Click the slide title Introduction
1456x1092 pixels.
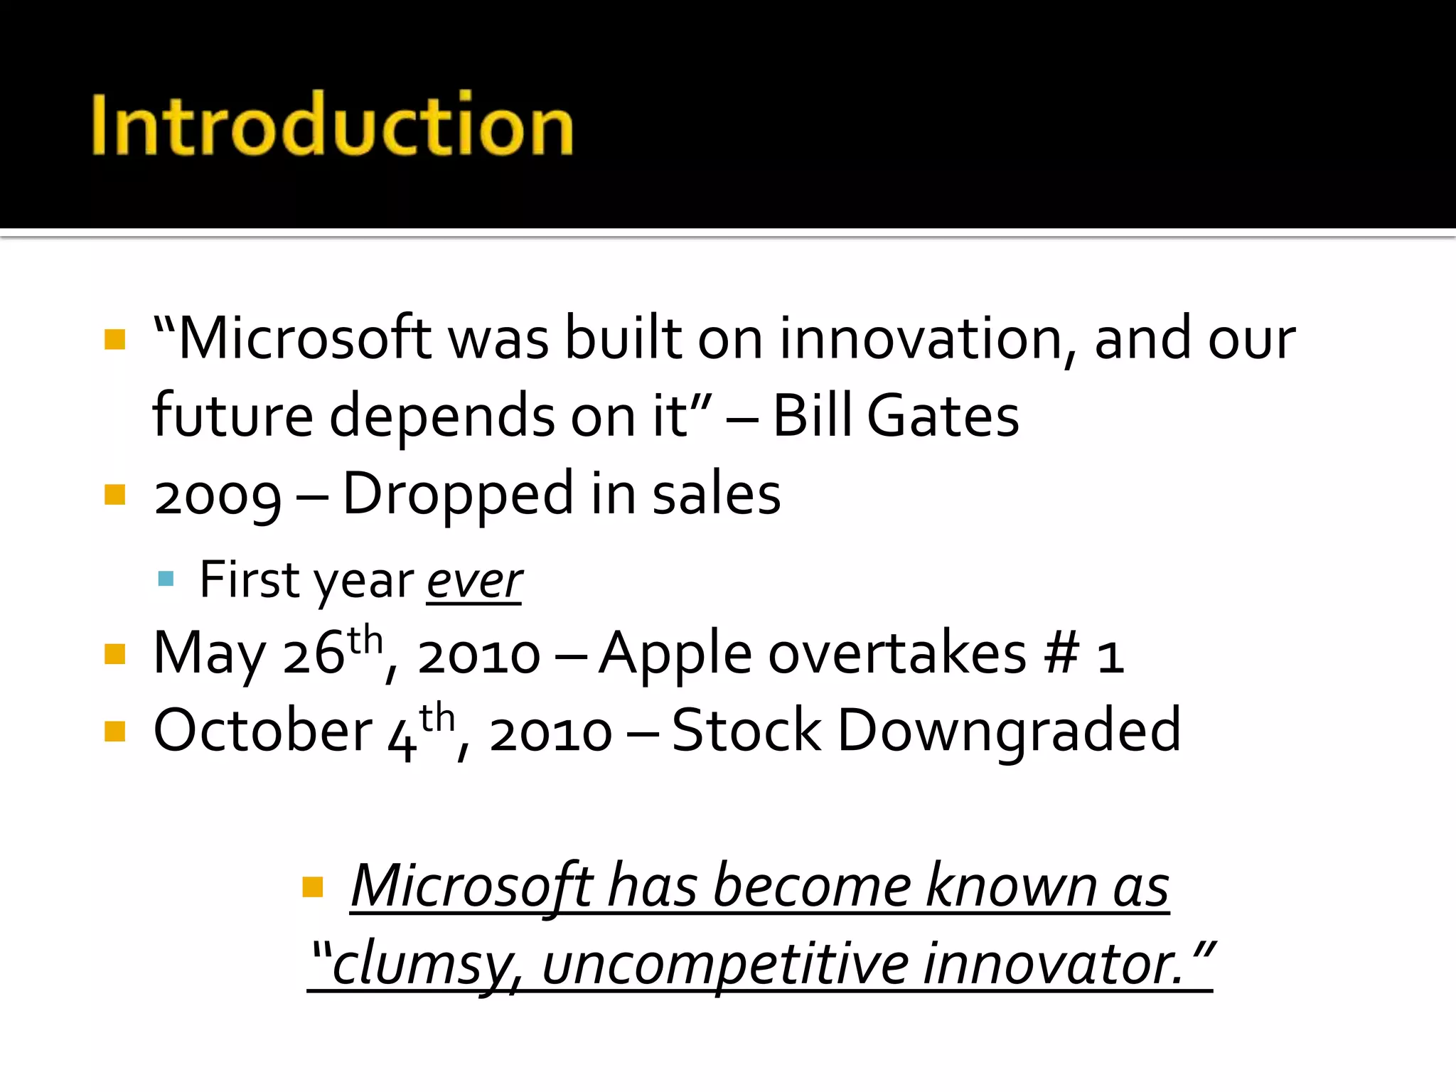point(332,125)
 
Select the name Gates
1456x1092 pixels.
point(943,416)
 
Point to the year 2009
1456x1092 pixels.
point(218,496)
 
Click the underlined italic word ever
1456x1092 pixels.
point(474,581)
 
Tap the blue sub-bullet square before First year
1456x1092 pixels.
point(166,579)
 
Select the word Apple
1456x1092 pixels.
point(675,654)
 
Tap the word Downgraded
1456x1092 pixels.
point(1009,732)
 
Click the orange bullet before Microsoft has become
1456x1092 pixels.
point(313,887)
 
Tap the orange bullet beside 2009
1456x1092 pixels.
point(114,494)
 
